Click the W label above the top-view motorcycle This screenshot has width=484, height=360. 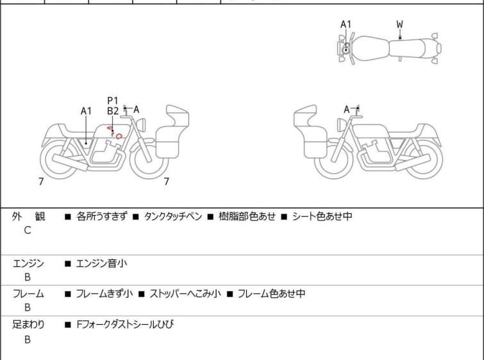tap(400, 24)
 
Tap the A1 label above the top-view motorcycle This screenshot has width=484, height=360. tap(346, 24)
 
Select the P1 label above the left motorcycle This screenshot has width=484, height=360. tap(113, 101)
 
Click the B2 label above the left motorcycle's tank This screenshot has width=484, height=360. tap(113, 111)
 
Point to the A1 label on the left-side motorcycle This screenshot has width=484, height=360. tap(86, 111)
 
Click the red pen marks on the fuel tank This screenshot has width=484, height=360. tap(115, 132)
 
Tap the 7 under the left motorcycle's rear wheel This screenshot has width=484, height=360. tap(41, 182)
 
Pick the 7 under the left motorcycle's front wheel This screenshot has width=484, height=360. tap(167, 182)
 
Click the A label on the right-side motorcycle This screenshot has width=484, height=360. tap(347, 109)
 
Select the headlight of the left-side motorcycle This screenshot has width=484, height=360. tap(142, 126)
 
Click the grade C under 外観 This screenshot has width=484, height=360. tap(28, 230)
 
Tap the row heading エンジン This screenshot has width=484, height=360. tap(28, 264)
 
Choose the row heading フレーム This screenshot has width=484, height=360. tap(28, 294)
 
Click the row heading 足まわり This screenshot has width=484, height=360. tap(28, 325)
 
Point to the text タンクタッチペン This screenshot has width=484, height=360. tap(173, 216)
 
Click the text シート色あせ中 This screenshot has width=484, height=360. tap(322, 216)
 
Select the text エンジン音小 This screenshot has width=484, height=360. tap(101, 264)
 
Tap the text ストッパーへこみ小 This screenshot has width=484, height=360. tap(185, 294)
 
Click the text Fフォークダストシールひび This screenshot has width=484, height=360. tap(125, 325)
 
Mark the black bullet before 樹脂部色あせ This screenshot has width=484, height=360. tap(210, 217)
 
